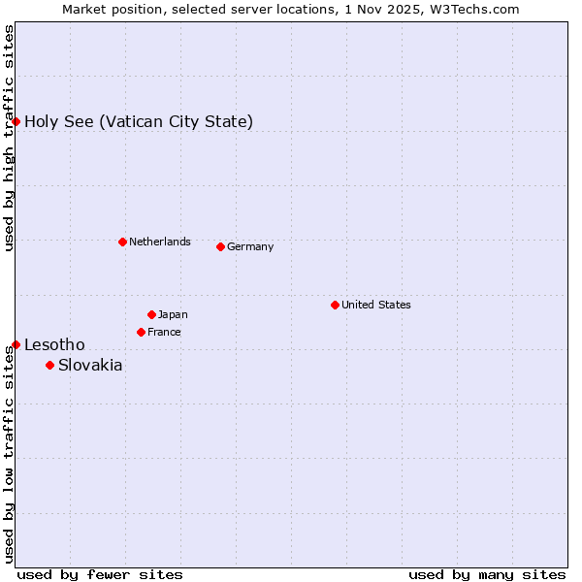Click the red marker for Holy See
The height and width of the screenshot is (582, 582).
[x=16, y=121]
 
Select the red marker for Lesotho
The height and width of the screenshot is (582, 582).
[x=16, y=344]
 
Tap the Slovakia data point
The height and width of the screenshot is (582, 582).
[x=50, y=365]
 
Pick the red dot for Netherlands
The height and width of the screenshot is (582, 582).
[x=122, y=242]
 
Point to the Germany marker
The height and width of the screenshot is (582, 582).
[x=220, y=246]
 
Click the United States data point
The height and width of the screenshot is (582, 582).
[x=335, y=305]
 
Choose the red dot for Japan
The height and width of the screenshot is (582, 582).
[x=151, y=314]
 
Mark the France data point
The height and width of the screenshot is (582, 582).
[x=142, y=332]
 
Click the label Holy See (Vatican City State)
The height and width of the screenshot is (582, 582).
[x=139, y=121]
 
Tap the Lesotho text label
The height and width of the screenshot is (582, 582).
[x=54, y=344]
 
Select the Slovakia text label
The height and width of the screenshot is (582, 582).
[x=90, y=365]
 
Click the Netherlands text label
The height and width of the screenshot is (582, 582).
[x=160, y=242]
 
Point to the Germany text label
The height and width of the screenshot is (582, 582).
[x=250, y=246]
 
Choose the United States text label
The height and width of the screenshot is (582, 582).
[x=376, y=305]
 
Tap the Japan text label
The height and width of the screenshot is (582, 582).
[x=173, y=314]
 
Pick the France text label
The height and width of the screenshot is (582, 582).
[x=164, y=332]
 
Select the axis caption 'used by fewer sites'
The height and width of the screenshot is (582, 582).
[x=100, y=574]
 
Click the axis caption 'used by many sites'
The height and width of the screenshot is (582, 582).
[x=487, y=574]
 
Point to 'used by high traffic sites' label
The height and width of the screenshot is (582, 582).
[x=9, y=138]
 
